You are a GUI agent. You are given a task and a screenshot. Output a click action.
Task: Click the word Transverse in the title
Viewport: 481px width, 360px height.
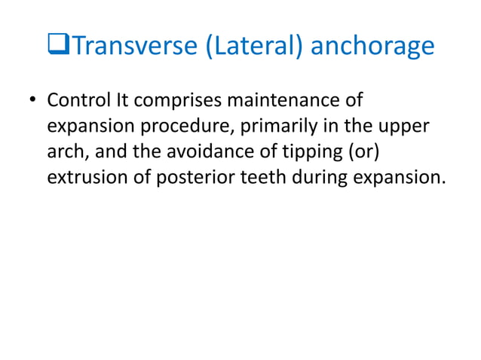pyautogui.click(x=131, y=47)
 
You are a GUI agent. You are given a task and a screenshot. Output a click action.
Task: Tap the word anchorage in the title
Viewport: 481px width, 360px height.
pyautogui.click(x=372, y=47)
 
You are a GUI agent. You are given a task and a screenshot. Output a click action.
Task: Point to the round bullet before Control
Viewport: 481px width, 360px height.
pyautogui.click(x=32, y=102)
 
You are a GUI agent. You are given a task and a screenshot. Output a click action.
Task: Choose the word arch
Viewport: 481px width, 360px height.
pyautogui.click(x=65, y=153)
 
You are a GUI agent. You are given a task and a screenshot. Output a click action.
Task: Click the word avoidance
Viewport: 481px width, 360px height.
pyautogui.click(x=214, y=153)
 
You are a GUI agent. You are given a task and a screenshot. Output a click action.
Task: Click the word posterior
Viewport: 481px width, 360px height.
pyautogui.click(x=192, y=179)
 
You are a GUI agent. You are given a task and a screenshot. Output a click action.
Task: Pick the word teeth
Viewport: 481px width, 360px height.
pyautogui.click(x=268, y=179)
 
